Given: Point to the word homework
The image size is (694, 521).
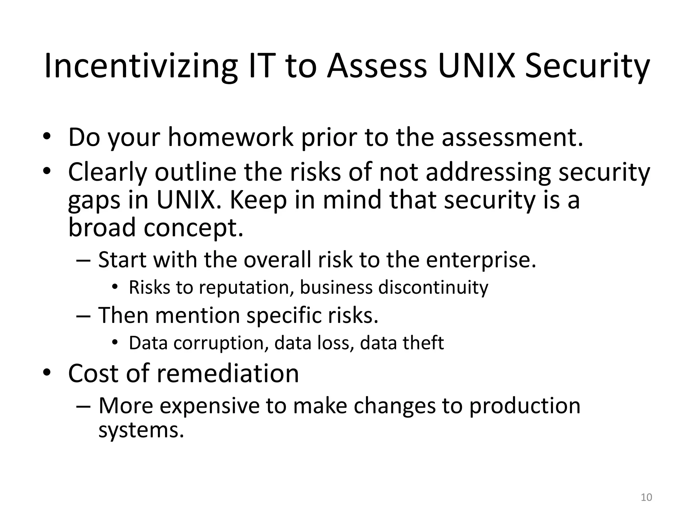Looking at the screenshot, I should (x=230, y=137).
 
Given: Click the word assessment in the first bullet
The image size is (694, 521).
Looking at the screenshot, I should (x=512, y=137).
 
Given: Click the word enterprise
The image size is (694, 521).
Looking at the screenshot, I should (x=481, y=260).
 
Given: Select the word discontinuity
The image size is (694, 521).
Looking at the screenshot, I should (x=433, y=288).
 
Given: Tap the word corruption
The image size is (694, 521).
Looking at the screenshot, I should (x=219, y=343).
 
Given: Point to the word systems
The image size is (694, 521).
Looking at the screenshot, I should (x=141, y=431).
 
